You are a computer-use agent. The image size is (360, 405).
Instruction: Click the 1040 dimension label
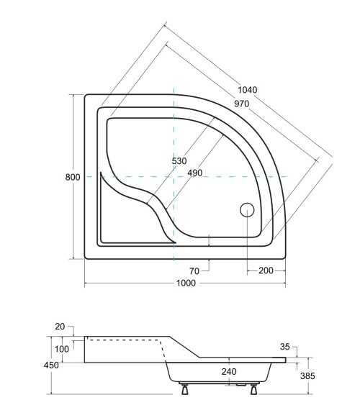pos(247,90)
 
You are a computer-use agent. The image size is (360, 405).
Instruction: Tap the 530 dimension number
pos(180,161)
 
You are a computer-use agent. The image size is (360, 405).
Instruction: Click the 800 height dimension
pos(72,177)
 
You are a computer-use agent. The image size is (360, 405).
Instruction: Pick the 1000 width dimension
pos(186,283)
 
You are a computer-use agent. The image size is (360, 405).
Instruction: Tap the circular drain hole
pos(246,210)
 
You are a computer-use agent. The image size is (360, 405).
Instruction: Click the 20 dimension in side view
pos(60,326)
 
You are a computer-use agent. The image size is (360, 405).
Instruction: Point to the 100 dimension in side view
pos(63,349)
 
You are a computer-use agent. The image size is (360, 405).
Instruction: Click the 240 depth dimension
pos(229,372)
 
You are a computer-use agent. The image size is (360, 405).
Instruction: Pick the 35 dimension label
pos(285,347)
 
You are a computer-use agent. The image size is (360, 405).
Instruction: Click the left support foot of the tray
pos(184,390)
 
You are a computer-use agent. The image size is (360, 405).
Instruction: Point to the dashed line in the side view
pos(130,338)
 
